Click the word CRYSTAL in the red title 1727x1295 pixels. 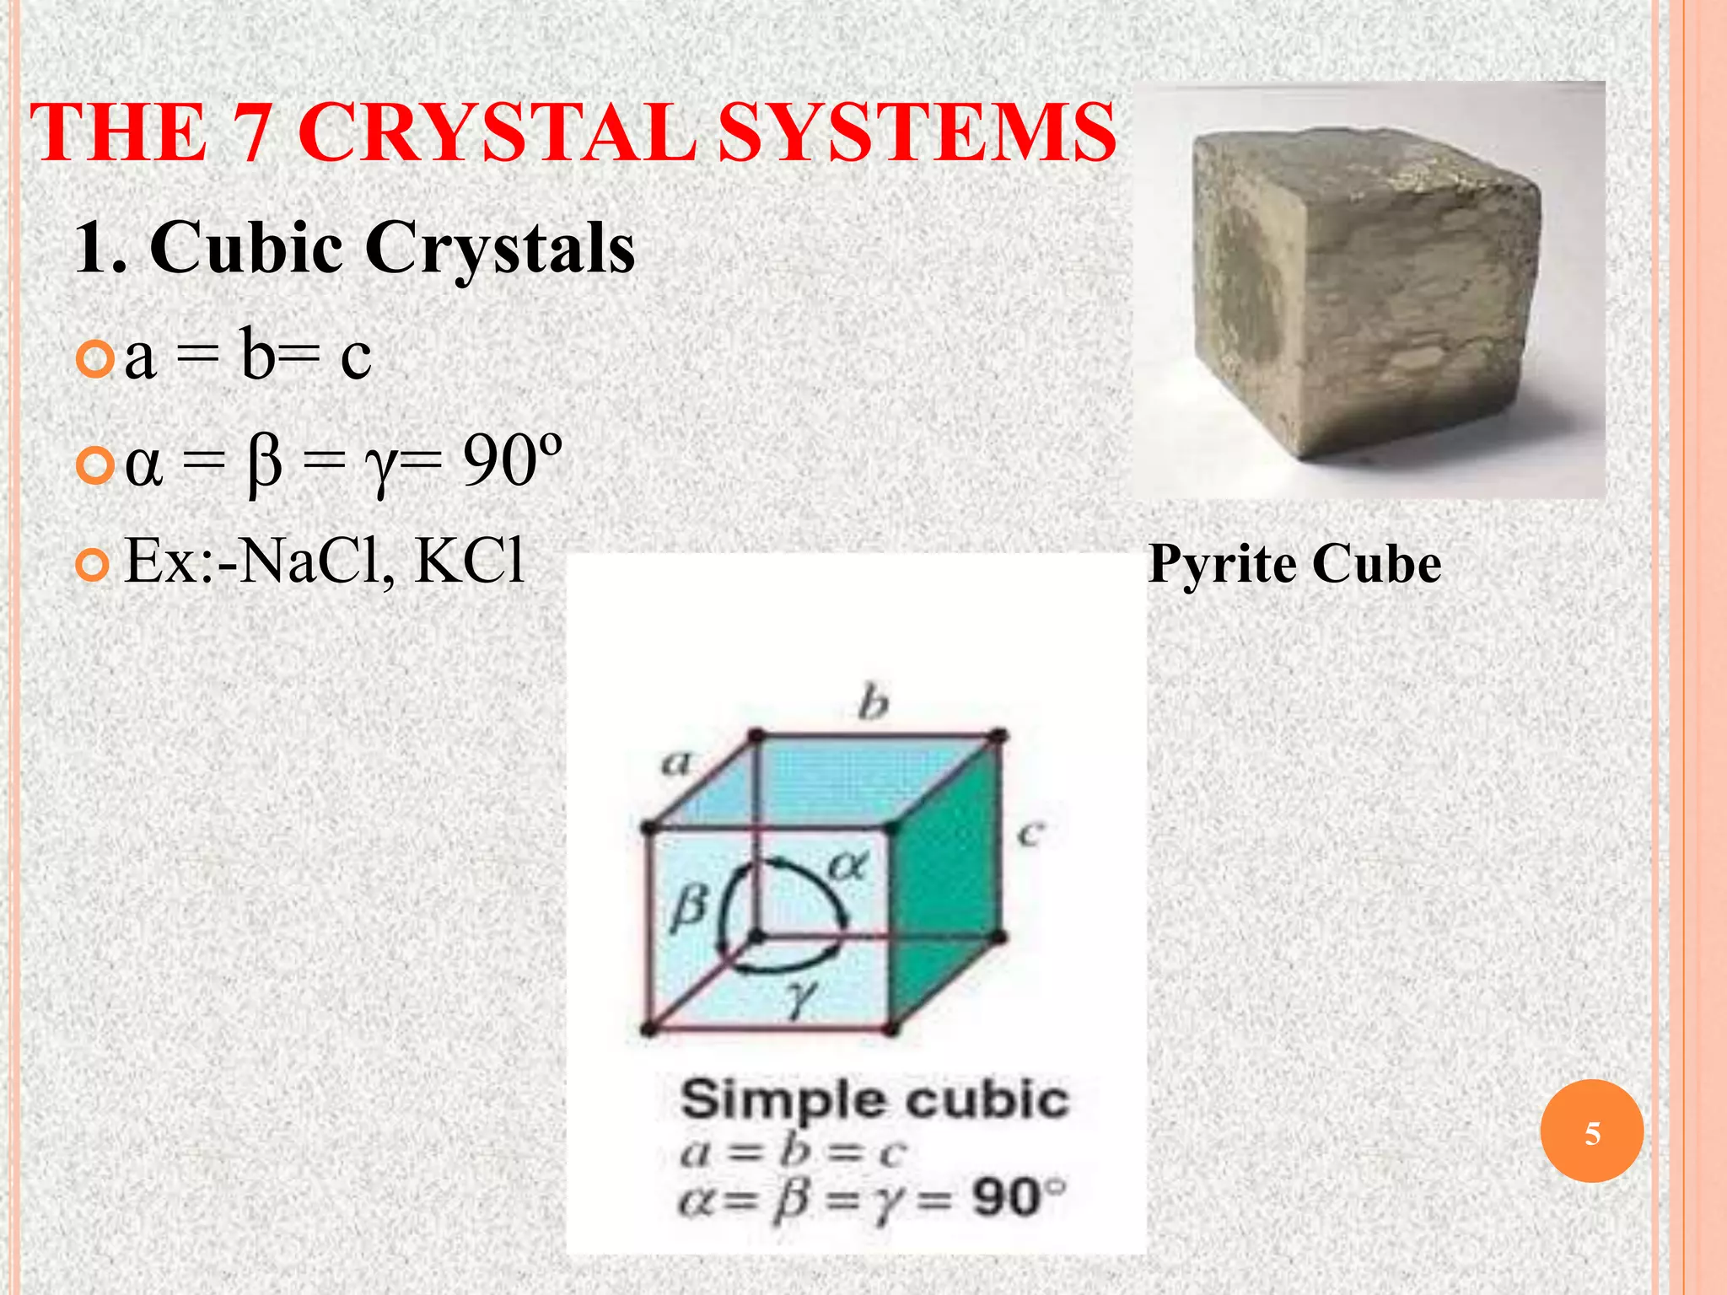click(498, 133)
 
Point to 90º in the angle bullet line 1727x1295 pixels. click(511, 462)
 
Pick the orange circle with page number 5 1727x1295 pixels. click(1591, 1132)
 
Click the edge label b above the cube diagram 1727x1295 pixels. click(874, 703)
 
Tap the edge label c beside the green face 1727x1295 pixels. click(1030, 835)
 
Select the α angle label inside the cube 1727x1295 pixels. click(847, 866)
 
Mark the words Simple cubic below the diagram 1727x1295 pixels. click(874, 1100)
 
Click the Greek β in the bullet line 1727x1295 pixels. click(264, 465)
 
